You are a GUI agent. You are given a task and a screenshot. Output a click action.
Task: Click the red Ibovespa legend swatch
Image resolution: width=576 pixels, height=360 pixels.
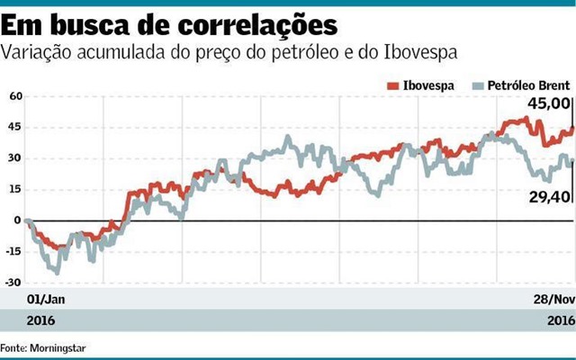click(392, 85)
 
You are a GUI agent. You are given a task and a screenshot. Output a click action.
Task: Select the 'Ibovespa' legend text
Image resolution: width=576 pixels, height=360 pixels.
click(427, 85)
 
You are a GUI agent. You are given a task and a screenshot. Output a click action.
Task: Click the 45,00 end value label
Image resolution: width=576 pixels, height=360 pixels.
click(551, 104)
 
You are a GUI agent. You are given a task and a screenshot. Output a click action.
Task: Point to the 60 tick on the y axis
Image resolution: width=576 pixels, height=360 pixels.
click(13, 95)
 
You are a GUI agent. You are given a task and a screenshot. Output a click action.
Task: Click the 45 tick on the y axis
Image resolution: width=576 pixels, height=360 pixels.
click(13, 127)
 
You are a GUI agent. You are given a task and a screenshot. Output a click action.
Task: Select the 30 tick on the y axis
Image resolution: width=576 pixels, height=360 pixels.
click(13, 158)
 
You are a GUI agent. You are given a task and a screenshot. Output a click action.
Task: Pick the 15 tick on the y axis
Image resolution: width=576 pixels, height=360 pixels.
click(13, 189)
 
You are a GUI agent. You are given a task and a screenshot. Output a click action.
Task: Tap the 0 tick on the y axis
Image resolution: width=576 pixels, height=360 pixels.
click(16, 220)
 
